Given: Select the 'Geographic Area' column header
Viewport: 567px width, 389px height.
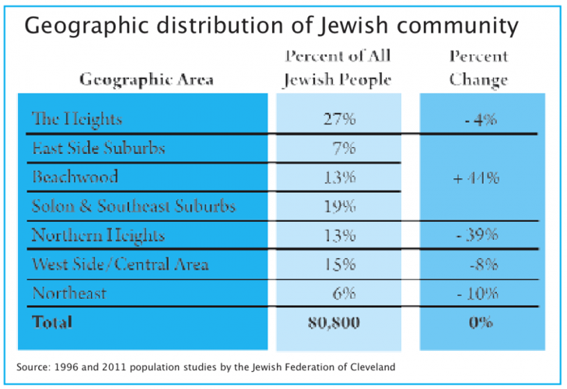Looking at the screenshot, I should pyautogui.click(x=147, y=79).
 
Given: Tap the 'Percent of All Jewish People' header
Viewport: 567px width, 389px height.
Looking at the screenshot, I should pyautogui.click(x=337, y=68).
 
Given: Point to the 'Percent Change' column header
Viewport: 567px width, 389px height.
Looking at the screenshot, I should pyautogui.click(x=478, y=68).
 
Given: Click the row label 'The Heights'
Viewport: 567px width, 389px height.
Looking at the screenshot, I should pyautogui.click(x=77, y=119).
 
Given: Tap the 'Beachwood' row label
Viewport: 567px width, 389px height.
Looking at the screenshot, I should pyautogui.click(x=75, y=177).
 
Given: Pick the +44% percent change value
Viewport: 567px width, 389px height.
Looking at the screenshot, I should pyautogui.click(x=475, y=177).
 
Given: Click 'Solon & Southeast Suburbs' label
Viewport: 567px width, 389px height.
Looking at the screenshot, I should pyautogui.click(x=133, y=206).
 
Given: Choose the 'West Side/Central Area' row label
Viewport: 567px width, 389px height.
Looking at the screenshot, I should pyautogui.click(x=120, y=264).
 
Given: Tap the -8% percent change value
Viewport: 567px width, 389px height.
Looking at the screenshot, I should pyautogui.click(x=481, y=264).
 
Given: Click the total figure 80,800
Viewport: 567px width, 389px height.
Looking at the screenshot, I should pyautogui.click(x=334, y=322).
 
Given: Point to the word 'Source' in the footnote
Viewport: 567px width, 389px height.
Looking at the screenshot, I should pyautogui.click(x=33, y=366).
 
